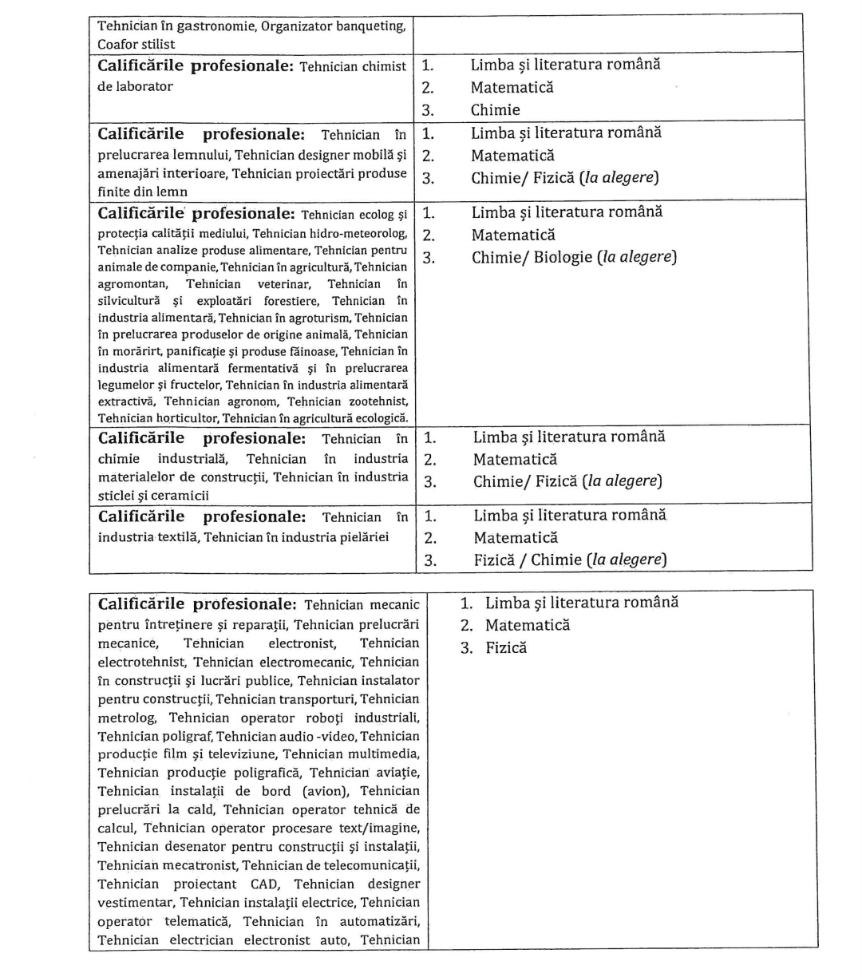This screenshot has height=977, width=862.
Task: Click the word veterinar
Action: tap(283, 283)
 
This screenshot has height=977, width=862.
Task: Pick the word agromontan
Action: tap(132, 283)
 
